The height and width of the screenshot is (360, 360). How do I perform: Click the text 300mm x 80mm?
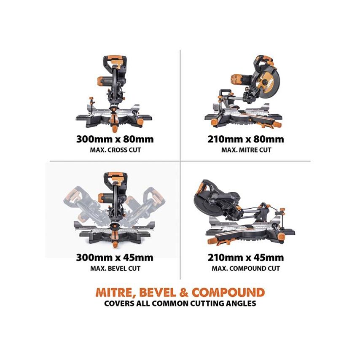pos(115,139)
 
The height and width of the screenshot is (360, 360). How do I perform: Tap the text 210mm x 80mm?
pos(246,139)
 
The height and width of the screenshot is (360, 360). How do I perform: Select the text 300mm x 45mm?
pos(115,258)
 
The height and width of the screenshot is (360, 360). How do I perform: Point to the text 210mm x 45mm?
pos(246,258)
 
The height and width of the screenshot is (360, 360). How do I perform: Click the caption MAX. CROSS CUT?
pos(115,150)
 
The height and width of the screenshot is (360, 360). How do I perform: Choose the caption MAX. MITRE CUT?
pos(246,150)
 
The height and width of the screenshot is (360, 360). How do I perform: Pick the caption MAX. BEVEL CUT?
pos(115,268)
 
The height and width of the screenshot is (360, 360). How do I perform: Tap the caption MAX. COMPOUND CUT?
pos(246,268)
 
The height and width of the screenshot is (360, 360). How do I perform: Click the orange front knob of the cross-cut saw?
pos(114,126)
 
